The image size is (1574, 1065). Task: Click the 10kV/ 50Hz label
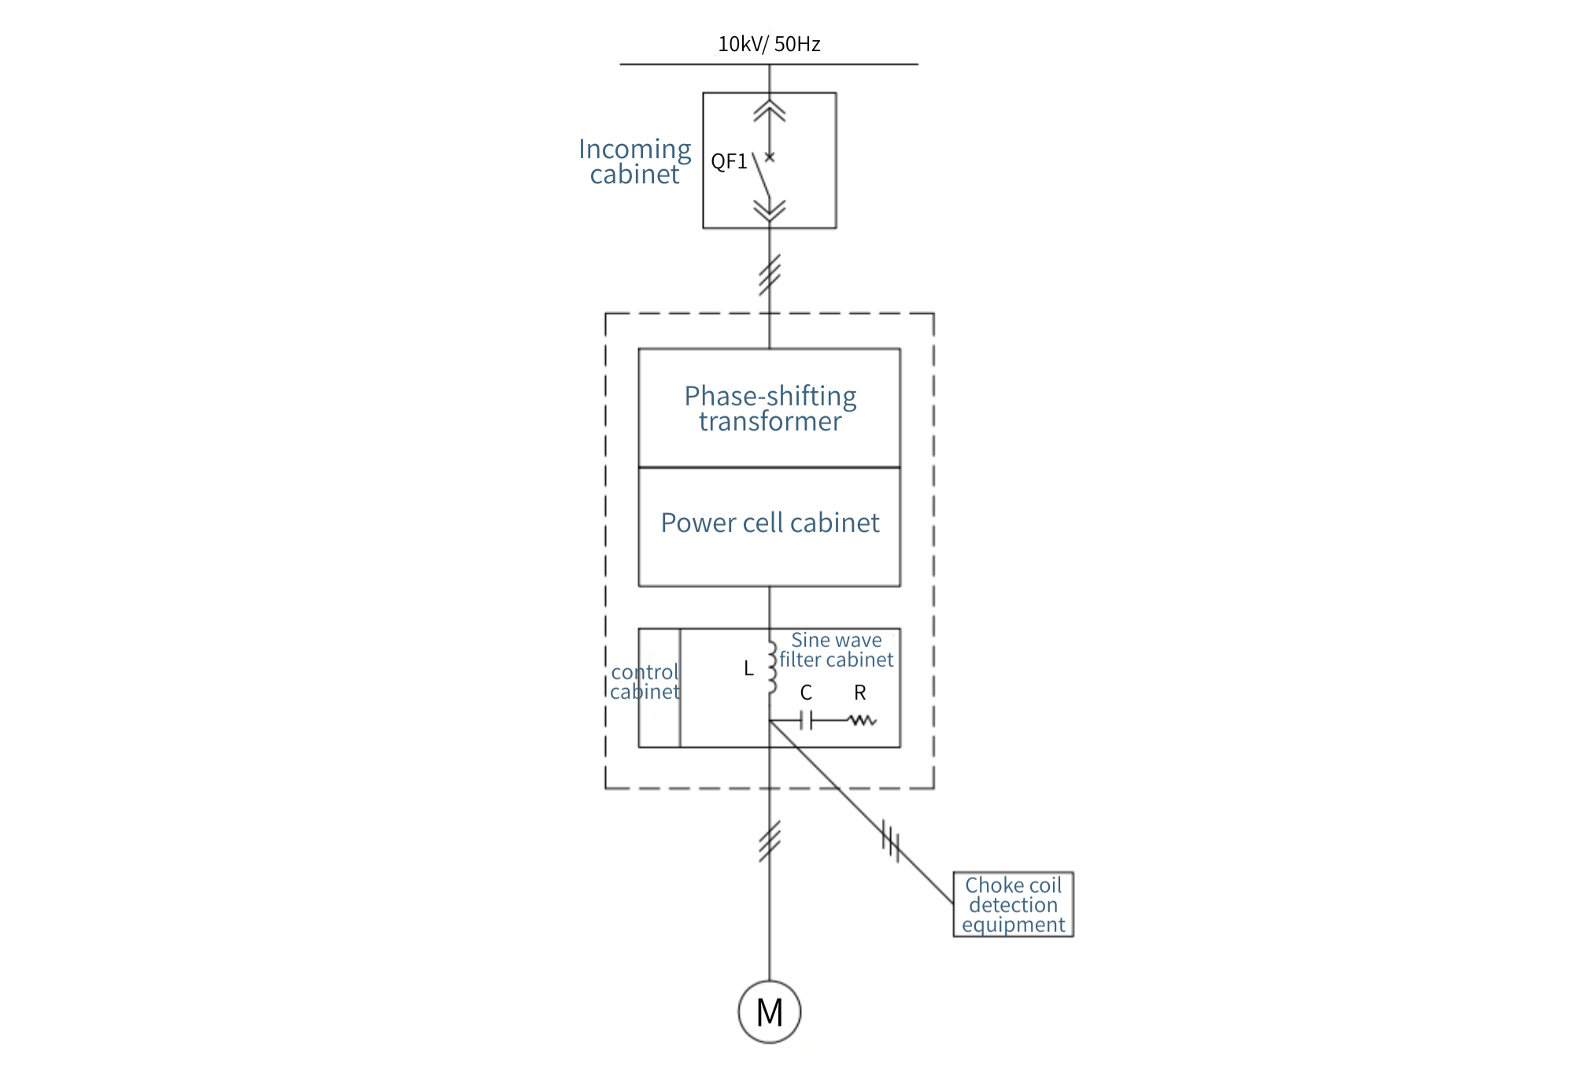tap(769, 44)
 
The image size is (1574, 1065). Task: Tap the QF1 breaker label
tap(729, 161)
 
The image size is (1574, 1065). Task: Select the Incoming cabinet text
tap(635, 161)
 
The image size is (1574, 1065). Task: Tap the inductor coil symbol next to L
tap(773, 667)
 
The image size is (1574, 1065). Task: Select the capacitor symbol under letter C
tap(806, 720)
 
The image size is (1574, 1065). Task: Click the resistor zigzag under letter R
tap(862, 720)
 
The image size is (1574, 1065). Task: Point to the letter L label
tap(748, 669)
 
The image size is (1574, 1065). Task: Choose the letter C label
tap(806, 693)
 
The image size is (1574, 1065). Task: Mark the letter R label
tap(860, 693)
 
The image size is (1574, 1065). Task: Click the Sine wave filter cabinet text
tap(837, 650)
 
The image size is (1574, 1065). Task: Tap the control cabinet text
tap(645, 682)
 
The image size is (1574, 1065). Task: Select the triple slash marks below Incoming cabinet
tap(770, 275)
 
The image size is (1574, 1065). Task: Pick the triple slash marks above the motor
tap(770, 841)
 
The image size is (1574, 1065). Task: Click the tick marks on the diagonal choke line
tap(890, 841)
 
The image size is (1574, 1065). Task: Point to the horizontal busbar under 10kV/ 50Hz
tap(769, 65)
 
